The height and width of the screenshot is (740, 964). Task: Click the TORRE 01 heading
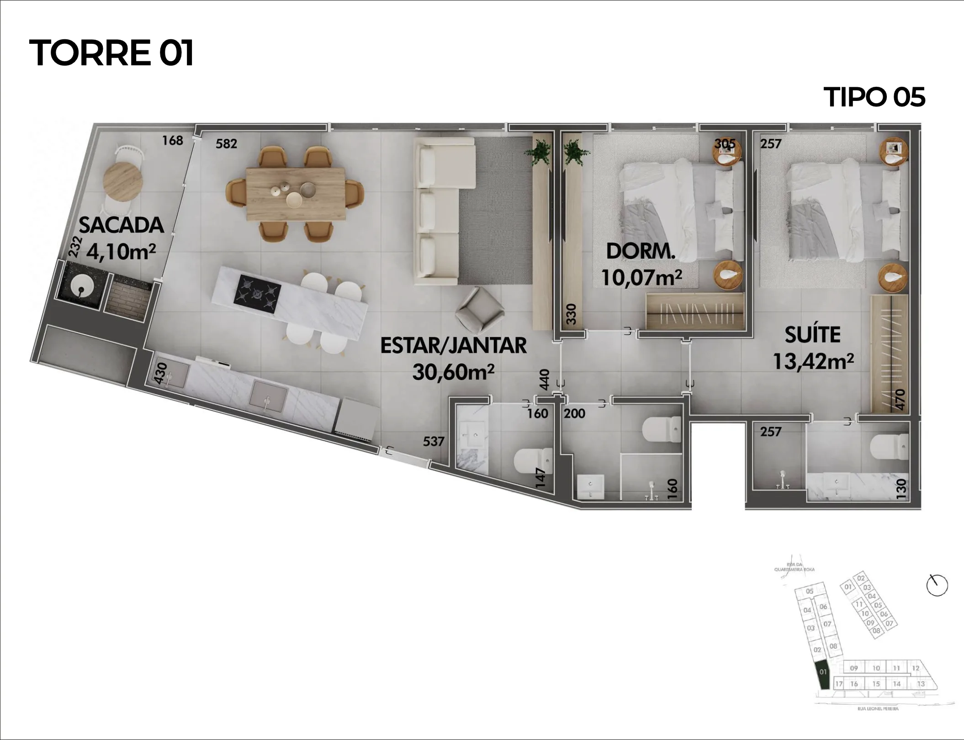(x=111, y=53)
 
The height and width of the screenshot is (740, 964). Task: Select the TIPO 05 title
(x=874, y=97)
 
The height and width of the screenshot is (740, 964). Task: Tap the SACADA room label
(x=121, y=225)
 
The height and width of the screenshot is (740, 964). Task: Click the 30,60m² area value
(x=453, y=372)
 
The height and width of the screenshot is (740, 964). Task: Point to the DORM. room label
(x=641, y=251)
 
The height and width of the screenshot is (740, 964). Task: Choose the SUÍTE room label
(x=812, y=335)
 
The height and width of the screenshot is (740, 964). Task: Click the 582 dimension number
(x=226, y=144)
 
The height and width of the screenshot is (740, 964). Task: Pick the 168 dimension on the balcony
(x=172, y=140)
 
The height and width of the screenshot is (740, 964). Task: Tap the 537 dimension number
(x=433, y=441)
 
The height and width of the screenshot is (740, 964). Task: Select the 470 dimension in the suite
(x=900, y=399)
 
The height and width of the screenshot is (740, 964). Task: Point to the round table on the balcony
(x=123, y=181)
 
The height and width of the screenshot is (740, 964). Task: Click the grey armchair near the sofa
(x=479, y=310)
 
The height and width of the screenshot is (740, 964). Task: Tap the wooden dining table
(x=296, y=193)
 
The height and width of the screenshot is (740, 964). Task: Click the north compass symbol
(x=937, y=585)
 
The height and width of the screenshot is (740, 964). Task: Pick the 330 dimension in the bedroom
(x=571, y=314)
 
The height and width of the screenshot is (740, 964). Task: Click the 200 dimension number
(x=574, y=413)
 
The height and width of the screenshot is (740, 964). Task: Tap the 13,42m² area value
(x=813, y=361)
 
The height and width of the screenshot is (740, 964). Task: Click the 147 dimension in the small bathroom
(x=540, y=477)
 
